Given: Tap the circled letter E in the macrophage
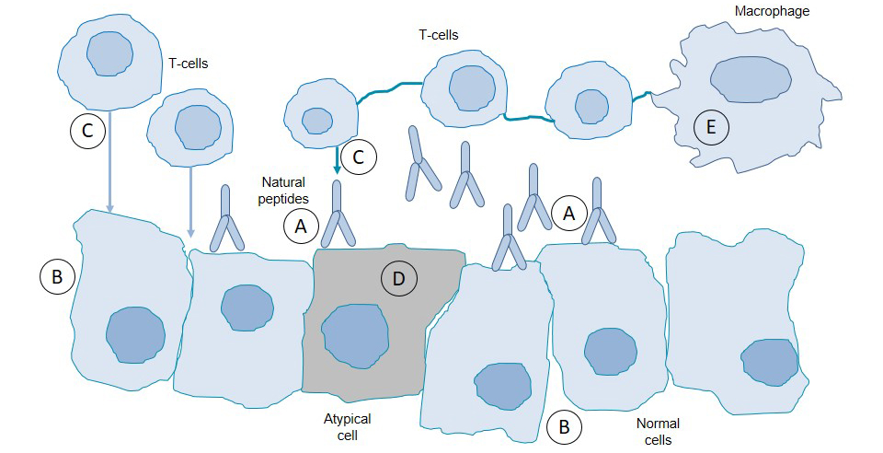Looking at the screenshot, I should tap(710, 127).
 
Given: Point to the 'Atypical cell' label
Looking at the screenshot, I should tap(347, 426).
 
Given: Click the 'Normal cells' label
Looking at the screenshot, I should tap(658, 431).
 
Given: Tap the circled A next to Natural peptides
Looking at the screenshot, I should tap(302, 224).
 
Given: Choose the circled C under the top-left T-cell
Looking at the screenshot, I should tap(87, 132).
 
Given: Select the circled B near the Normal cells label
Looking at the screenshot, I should tap(564, 426).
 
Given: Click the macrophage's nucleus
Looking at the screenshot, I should tap(751, 79).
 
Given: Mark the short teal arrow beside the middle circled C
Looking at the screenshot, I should tap(337, 162).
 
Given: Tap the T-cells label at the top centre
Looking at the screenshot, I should tap(438, 35).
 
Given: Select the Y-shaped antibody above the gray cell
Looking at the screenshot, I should tap(337, 216).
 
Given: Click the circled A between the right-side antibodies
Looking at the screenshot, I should tap(568, 214).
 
